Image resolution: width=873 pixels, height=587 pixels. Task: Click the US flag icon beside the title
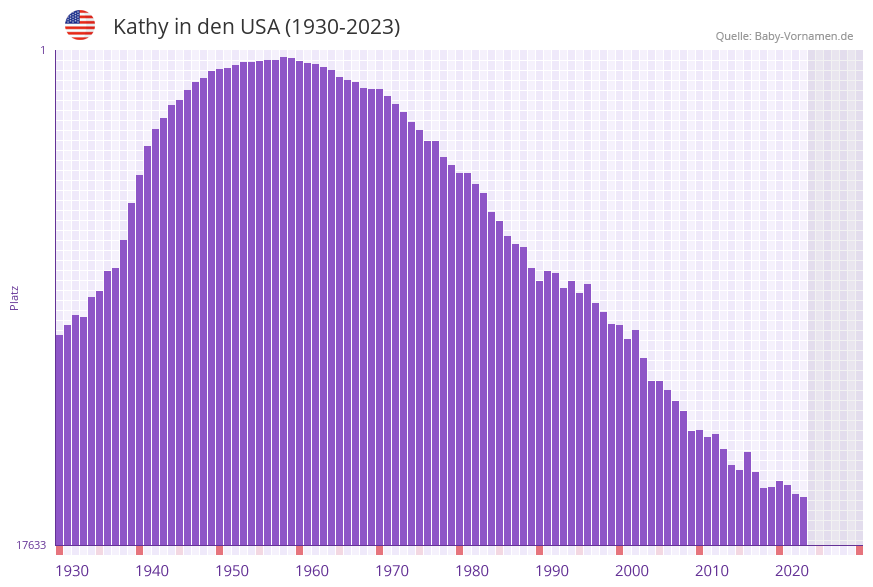click(x=80, y=25)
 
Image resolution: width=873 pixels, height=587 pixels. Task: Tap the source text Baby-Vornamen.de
click(x=804, y=36)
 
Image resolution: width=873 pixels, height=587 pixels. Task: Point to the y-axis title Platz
click(x=15, y=297)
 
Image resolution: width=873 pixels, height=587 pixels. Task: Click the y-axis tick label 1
click(x=42, y=50)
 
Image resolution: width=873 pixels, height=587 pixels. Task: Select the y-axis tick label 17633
click(x=31, y=545)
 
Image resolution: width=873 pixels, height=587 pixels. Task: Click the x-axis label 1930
click(x=72, y=571)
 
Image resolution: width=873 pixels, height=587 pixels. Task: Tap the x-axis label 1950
click(x=232, y=571)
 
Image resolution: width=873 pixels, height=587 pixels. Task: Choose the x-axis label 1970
click(x=392, y=571)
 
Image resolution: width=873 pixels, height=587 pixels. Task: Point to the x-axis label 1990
click(x=552, y=571)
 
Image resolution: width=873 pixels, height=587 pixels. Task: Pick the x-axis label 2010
click(x=712, y=571)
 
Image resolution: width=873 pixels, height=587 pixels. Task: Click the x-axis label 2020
click(x=792, y=571)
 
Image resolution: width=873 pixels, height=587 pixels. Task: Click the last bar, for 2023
click(x=804, y=521)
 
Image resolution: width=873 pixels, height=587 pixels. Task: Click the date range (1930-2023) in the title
click(x=343, y=27)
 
